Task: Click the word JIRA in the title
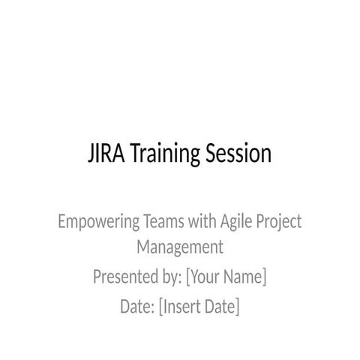pos(106,154)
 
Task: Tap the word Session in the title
pos(237,154)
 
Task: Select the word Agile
pos(236,222)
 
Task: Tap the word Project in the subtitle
pos(279,222)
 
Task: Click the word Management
pos(180,246)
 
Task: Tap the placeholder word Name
pos(244,277)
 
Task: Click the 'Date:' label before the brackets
pos(137,307)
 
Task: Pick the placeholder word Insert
pos(184,307)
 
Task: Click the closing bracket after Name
pos(265,277)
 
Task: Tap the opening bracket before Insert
pos(161,307)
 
